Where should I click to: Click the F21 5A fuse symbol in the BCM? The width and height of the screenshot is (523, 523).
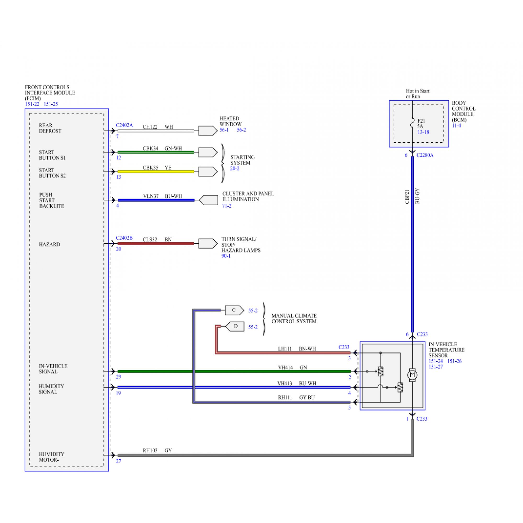(x=412, y=123)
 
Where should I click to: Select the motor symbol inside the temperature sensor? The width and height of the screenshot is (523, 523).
(x=412, y=375)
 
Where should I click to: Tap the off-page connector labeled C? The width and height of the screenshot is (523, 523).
(x=234, y=310)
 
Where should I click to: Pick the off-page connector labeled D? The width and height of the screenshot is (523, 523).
(x=235, y=326)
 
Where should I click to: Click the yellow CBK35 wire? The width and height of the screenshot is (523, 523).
(x=156, y=171)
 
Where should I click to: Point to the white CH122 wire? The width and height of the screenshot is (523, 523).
(x=156, y=131)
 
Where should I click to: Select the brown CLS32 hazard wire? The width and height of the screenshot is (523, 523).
(x=156, y=244)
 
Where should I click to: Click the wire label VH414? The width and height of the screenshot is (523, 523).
(x=285, y=367)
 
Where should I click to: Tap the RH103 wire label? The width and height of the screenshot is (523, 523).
(x=150, y=451)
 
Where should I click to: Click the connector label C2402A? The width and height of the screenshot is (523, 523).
(x=124, y=125)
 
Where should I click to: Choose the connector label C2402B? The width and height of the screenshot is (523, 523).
(x=124, y=238)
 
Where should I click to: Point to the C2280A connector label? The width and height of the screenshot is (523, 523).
(x=425, y=155)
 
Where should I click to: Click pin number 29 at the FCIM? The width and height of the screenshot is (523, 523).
(x=118, y=377)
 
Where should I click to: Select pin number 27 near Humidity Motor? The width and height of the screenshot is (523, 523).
(x=118, y=461)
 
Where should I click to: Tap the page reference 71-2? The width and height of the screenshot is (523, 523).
(x=227, y=206)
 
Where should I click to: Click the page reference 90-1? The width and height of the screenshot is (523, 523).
(x=226, y=256)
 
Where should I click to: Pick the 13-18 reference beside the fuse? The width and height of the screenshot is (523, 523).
(x=423, y=132)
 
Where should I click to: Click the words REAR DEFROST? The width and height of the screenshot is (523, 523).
(x=50, y=128)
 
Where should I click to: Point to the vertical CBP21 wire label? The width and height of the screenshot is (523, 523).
(x=407, y=197)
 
